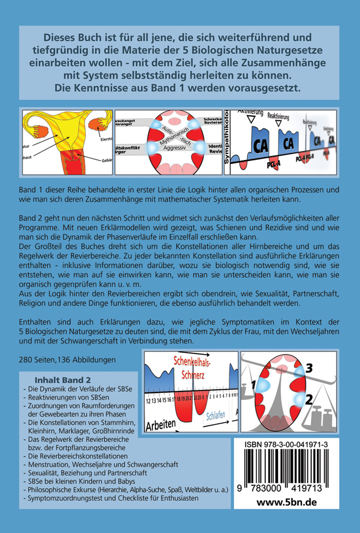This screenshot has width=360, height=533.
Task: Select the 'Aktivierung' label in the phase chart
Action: coord(250,111)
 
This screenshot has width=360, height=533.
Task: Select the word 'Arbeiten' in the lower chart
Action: coord(161,424)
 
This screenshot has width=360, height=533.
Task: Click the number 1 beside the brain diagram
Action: coord(254,385)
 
